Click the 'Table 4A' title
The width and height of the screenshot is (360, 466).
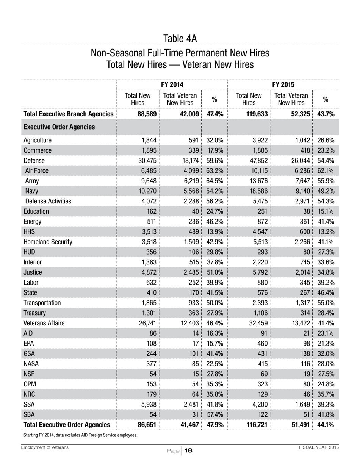(180, 39)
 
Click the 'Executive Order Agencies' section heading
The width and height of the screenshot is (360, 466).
(59, 127)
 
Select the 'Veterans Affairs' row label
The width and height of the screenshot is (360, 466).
(44, 323)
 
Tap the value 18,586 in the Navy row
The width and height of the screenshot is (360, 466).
(257, 191)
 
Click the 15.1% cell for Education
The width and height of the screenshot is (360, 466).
(325, 211)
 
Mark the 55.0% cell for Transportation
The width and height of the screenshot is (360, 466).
(325, 303)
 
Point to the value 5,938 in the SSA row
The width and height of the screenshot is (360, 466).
(149, 405)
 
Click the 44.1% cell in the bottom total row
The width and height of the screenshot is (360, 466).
(325, 425)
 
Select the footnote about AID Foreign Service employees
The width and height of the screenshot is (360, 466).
(80, 435)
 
